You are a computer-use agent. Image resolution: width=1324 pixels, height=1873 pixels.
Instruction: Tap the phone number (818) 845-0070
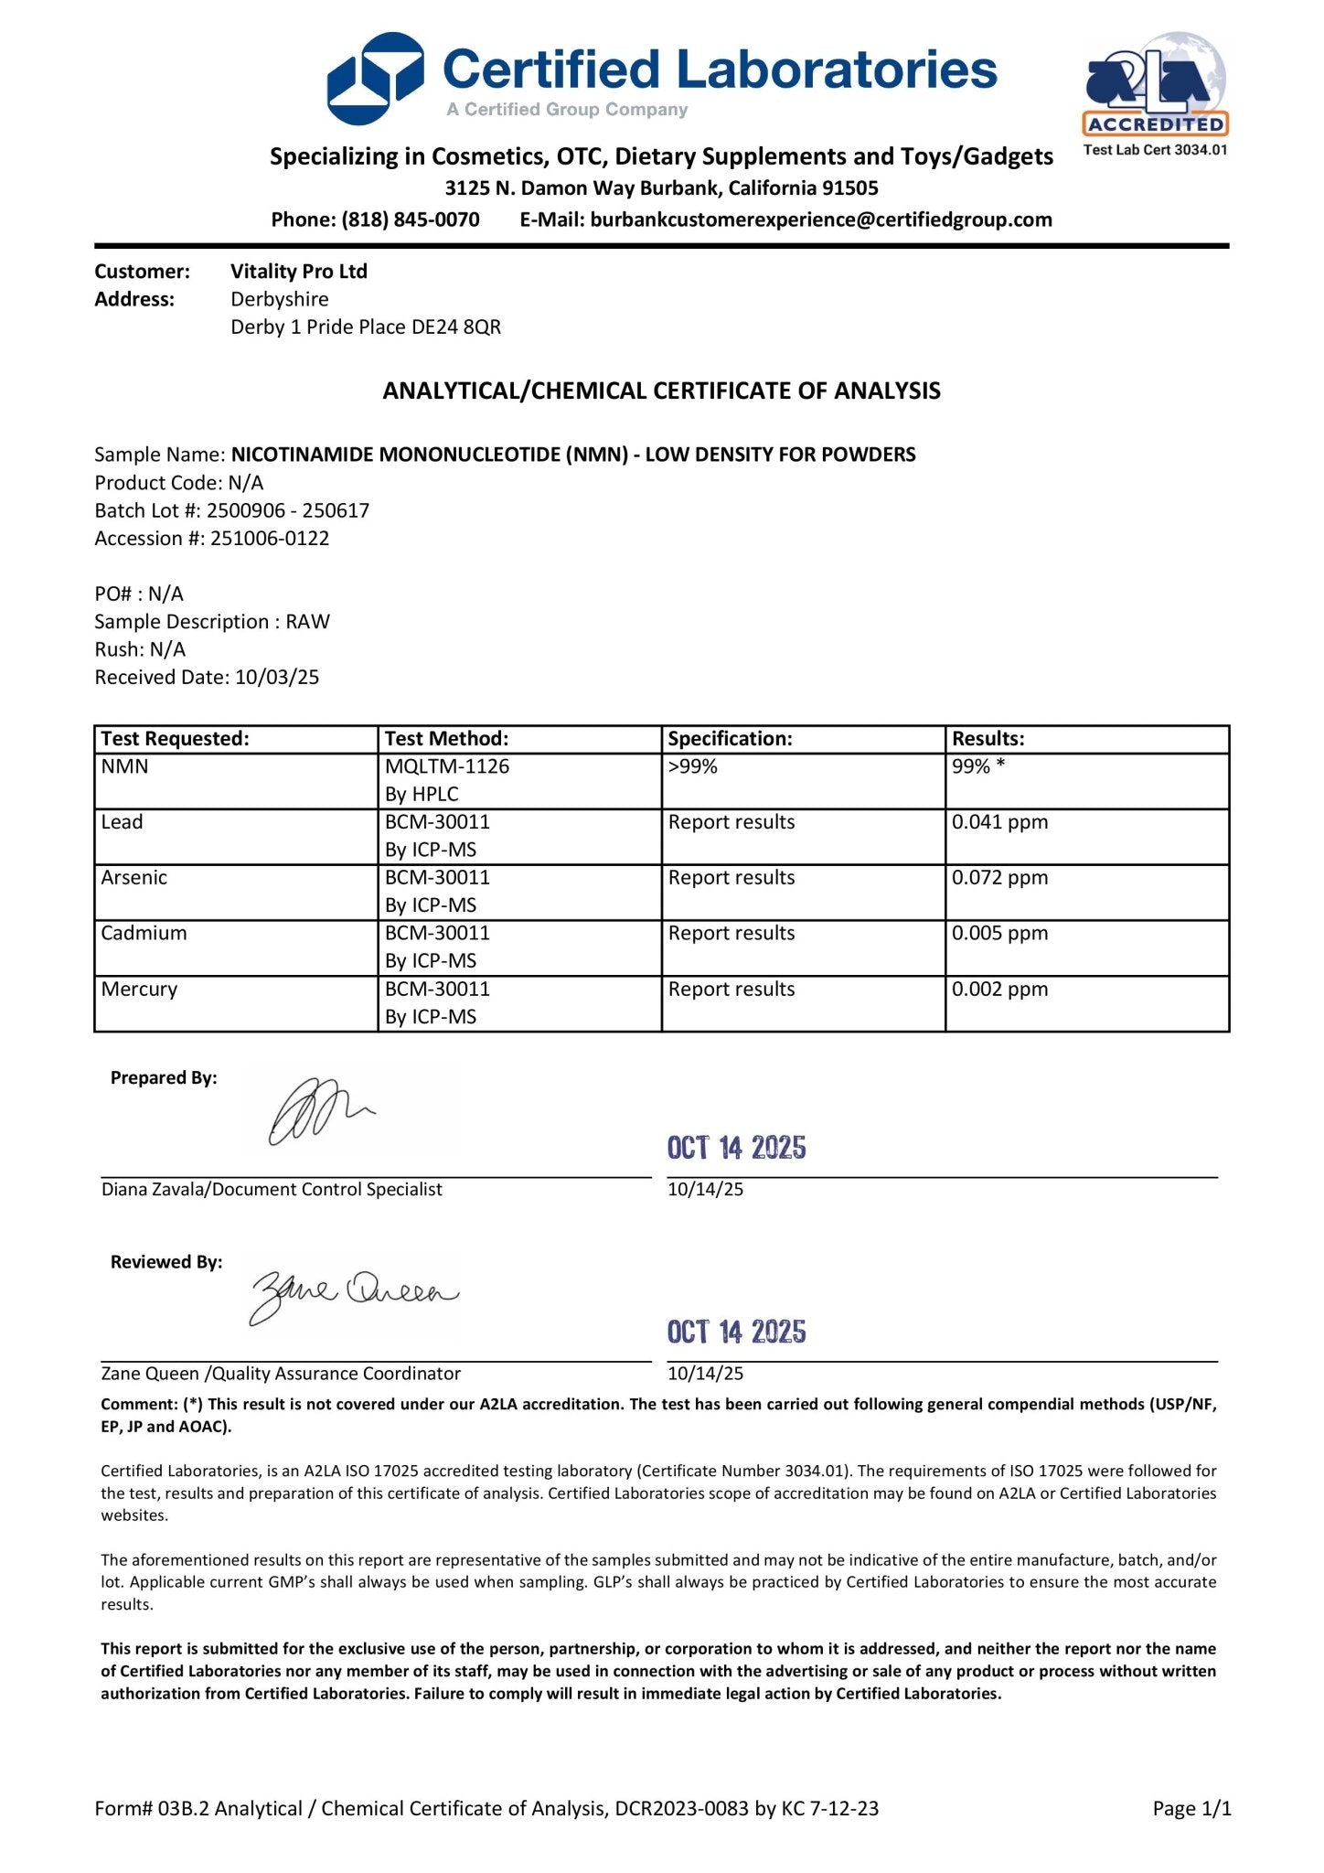pyautogui.click(x=411, y=219)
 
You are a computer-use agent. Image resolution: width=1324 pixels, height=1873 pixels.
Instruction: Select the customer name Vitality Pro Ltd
pyautogui.click(x=299, y=272)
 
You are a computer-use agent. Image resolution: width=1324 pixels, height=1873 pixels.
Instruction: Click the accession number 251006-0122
pyautogui.click(x=270, y=539)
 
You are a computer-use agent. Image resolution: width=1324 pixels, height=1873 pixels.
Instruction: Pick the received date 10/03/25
pyautogui.click(x=277, y=678)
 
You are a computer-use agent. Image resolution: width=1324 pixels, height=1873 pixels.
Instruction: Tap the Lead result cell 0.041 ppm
pyautogui.click(x=999, y=822)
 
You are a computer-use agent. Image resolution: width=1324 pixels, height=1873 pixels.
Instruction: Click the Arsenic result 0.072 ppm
pyautogui.click(x=999, y=878)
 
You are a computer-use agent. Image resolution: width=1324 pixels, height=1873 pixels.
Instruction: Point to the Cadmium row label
pyautogui.click(x=144, y=934)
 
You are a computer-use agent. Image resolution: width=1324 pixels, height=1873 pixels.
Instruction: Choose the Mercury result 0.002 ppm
pyautogui.click(x=999, y=990)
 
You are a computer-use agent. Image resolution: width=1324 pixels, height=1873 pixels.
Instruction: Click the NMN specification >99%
pyautogui.click(x=693, y=767)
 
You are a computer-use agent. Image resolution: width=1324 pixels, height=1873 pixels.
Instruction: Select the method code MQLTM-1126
pyautogui.click(x=447, y=767)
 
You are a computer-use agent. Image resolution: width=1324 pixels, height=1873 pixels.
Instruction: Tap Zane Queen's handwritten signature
pyautogui.click(x=354, y=1294)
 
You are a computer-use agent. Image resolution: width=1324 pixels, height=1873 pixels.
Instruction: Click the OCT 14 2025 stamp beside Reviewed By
pyautogui.click(x=736, y=1332)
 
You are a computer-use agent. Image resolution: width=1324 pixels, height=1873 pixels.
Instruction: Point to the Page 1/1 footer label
pyautogui.click(x=1191, y=1809)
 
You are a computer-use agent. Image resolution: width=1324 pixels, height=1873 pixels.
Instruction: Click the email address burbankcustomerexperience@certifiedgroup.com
pyautogui.click(x=821, y=219)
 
